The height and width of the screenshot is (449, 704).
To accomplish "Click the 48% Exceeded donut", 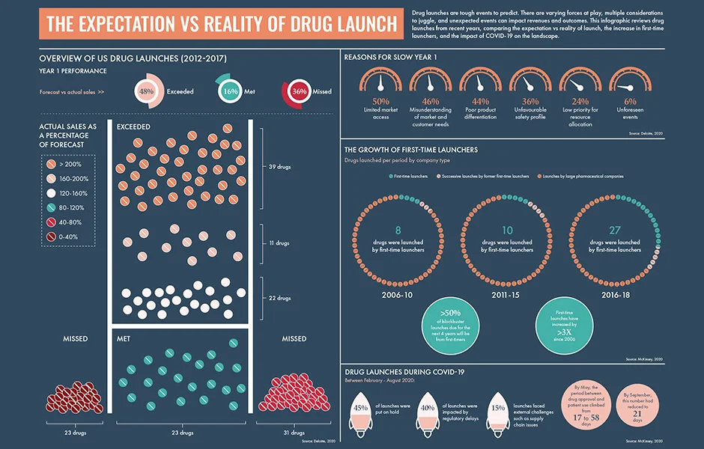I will pos(146,91).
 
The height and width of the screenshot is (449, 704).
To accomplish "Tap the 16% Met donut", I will pos(230,91).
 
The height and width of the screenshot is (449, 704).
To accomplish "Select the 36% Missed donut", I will pos(298,91).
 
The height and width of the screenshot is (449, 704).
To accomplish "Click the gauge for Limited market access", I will pos(380,84).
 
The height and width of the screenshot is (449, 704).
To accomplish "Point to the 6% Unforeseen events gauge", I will pos(630,84).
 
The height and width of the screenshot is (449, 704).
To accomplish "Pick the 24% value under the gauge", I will pos(580,102).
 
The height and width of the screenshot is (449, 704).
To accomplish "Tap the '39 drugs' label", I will pos(279,165).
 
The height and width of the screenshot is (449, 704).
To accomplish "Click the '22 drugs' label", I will pos(279,298).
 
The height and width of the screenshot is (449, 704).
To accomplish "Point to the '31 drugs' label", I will pos(294,433).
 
